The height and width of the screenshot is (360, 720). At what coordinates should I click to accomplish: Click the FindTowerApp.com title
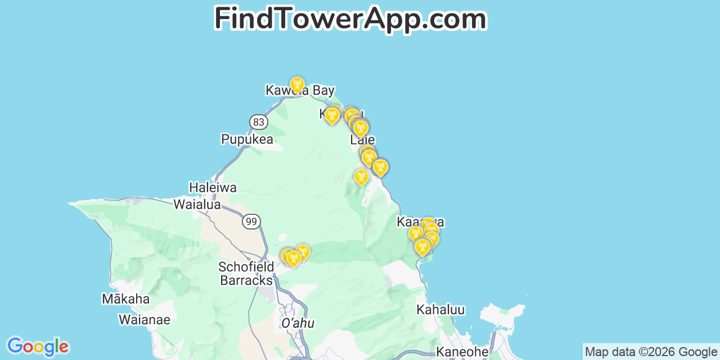[350, 19]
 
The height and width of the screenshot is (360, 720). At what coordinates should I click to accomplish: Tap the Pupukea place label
[247, 139]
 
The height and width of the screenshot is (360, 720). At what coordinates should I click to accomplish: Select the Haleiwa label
[213, 187]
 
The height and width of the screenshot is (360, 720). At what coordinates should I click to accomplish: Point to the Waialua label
[197, 204]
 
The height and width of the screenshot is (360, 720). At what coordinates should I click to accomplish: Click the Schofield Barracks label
[246, 273]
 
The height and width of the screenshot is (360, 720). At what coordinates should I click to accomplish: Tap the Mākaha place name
[125, 299]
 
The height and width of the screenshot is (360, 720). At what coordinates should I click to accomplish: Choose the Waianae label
[144, 319]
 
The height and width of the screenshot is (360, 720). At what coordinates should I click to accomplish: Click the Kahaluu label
[440, 309]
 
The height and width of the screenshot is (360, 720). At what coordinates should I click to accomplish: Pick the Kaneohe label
[462, 352]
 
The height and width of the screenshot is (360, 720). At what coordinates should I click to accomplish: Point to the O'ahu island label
[298, 323]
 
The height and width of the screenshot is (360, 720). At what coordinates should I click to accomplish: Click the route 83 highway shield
[258, 122]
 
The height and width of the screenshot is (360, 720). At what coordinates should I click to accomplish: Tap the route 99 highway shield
[251, 222]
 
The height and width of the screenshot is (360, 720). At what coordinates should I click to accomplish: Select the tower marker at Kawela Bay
[298, 85]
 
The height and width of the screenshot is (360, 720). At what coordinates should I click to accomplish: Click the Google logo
[37, 346]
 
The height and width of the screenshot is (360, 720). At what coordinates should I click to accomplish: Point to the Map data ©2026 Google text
[651, 352]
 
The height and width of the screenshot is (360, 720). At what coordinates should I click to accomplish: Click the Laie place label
[362, 140]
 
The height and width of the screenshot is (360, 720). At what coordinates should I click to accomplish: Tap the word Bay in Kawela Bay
[323, 90]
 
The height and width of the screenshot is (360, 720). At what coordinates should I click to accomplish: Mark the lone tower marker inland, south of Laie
[361, 177]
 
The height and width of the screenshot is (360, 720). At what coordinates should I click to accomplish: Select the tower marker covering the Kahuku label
[332, 115]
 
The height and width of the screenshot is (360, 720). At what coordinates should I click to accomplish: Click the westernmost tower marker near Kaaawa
[415, 232]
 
